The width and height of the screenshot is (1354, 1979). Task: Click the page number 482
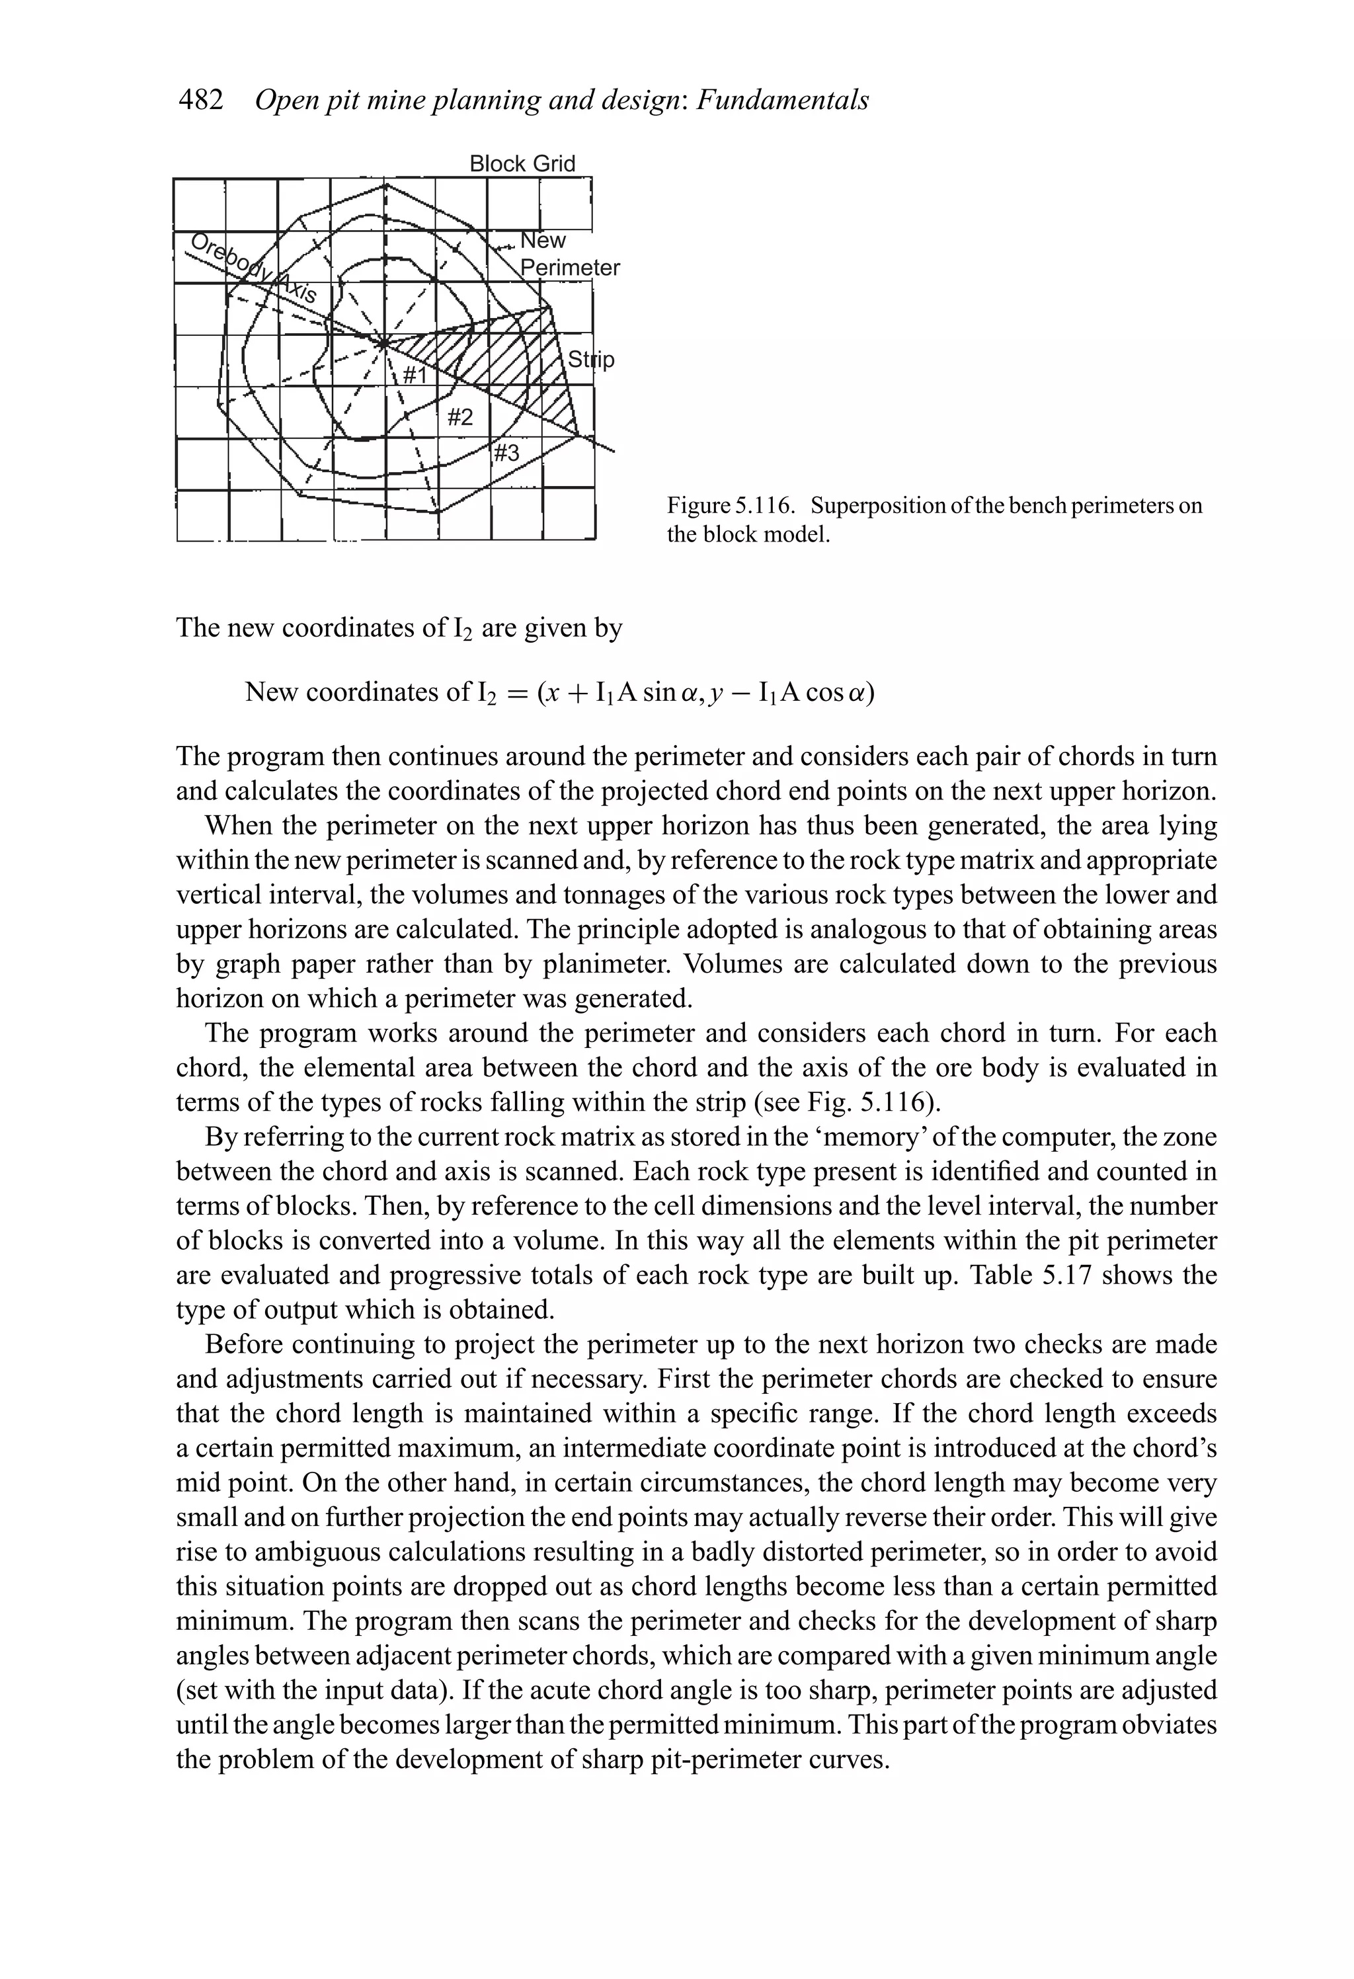point(200,101)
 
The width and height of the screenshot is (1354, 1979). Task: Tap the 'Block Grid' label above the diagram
point(522,163)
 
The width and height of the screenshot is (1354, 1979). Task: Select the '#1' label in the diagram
point(416,375)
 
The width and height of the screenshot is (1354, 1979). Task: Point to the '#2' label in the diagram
point(460,417)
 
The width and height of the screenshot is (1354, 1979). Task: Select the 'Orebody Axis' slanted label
point(254,268)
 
